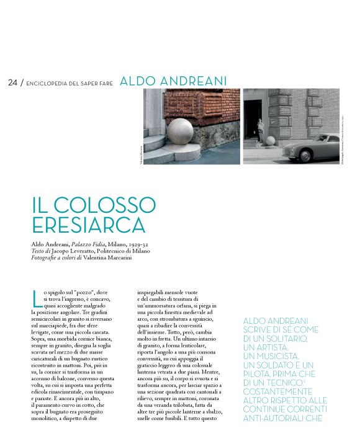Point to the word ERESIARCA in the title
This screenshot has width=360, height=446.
88,225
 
